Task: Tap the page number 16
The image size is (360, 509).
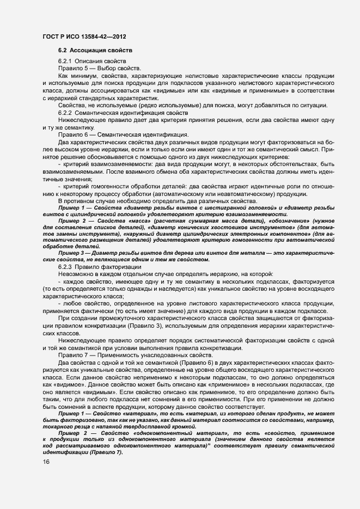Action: coord(46,461)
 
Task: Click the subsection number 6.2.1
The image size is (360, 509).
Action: coord(65,61)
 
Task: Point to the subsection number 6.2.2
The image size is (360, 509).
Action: coord(65,112)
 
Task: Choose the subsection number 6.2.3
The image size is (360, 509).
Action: coord(65,266)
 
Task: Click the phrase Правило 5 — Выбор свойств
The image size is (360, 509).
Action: coord(99,68)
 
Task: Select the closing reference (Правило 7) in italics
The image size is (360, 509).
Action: coord(104,453)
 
